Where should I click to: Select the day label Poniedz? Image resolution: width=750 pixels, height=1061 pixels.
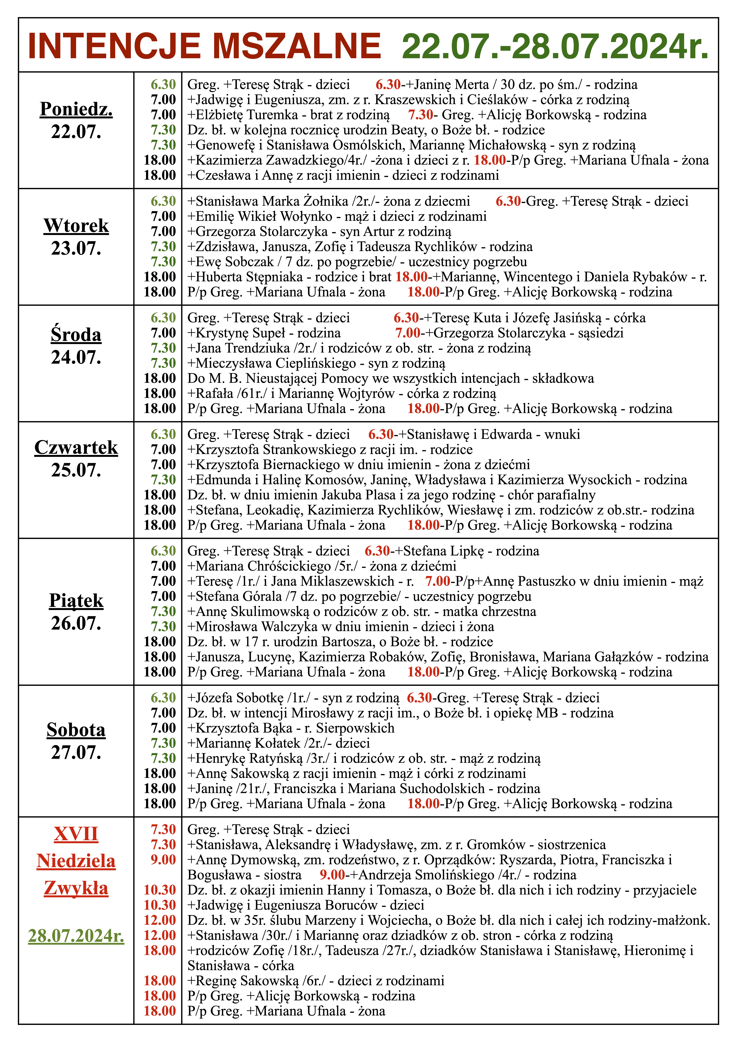[76, 109]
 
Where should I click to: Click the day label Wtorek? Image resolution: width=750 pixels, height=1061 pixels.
[76, 225]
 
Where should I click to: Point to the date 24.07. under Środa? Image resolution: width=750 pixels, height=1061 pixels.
[76, 357]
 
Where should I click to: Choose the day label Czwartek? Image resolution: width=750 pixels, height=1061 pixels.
[76, 447]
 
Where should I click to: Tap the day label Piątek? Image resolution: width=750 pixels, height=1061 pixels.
[76, 600]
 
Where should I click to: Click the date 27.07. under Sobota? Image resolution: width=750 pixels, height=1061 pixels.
[76, 752]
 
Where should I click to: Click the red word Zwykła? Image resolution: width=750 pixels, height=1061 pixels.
[76, 888]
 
